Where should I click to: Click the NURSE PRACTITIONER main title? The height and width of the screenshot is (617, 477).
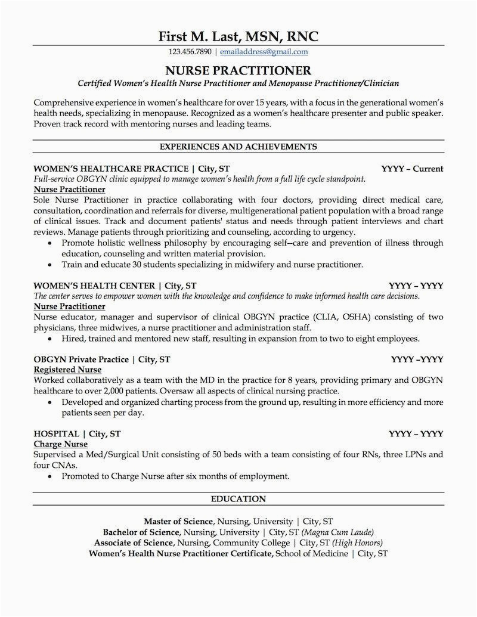pyautogui.click(x=238, y=70)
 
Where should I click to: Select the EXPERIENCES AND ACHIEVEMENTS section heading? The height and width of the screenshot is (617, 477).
pyautogui.click(x=238, y=146)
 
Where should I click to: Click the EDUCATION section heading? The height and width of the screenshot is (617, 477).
pyautogui.click(x=238, y=498)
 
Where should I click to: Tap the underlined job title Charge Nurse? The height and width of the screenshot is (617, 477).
pyautogui.click(x=61, y=444)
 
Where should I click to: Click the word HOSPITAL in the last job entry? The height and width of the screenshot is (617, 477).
pyautogui.click(x=56, y=433)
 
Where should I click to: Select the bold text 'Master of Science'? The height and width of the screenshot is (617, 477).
pyautogui.click(x=178, y=521)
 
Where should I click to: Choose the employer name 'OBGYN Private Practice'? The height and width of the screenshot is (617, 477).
pyautogui.click(x=81, y=359)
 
